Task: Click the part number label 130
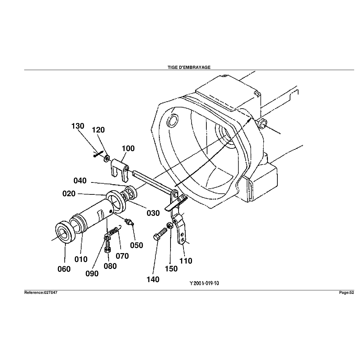(78, 126)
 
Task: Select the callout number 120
(98, 130)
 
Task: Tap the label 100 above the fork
(128, 148)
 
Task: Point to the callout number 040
(80, 181)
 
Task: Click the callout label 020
(69, 193)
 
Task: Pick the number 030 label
(153, 213)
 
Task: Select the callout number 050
(136, 245)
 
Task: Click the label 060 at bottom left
(64, 269)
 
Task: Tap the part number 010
(81, 259)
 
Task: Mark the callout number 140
(153, 279)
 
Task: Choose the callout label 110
(186, 261)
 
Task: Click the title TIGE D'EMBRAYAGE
(189, 67)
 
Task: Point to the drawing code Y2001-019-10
(204, 283)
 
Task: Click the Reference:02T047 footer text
(40, 292)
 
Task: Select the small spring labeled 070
(114, 231)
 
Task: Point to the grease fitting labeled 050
(129, 222)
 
